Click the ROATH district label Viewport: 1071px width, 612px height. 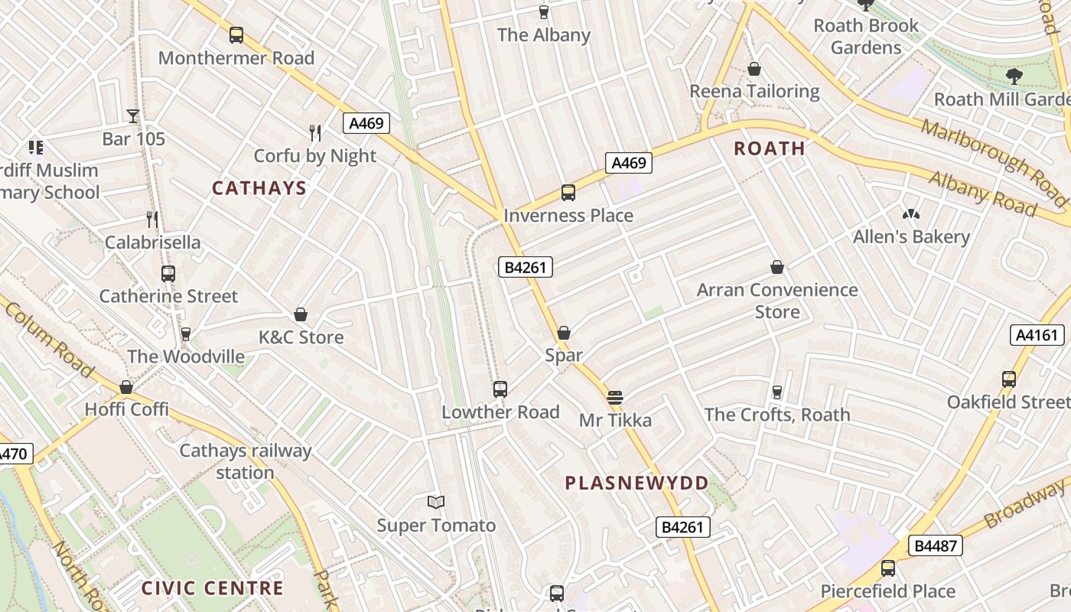coord(769,148)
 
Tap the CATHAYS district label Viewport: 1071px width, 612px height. coord(259,188)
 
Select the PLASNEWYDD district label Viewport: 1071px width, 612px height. coord(636,483)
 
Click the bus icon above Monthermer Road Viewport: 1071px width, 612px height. coord(236,35)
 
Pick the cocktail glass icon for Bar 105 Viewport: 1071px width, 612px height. coord(133,116)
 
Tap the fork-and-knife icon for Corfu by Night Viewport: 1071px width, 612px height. coord(315,133)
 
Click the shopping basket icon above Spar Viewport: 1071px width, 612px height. coord(564,333)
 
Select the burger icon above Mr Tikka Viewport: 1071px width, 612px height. coord(615,397)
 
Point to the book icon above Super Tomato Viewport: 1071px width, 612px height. coord(436,503)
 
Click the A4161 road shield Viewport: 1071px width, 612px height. coord(1037,335)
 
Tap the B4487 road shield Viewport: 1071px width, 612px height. coord(936,545)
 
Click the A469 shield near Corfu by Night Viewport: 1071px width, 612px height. coord(366,123)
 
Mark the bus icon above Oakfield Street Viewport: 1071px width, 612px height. coord(1009,379)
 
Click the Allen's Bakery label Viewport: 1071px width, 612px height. coord(911,237)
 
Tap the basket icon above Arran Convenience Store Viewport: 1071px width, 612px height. coord(777,267)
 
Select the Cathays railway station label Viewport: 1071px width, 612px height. coord(245,461)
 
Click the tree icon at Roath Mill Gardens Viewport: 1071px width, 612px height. coord(1014,76)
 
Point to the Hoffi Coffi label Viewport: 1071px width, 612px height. coord(126,409)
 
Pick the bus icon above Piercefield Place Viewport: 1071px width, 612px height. coord(888,568)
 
